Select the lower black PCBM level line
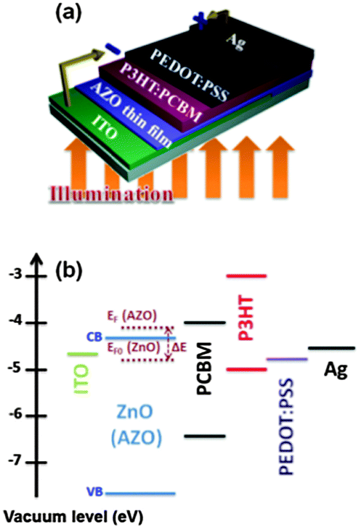click(x=204, y=436)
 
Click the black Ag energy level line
click(x=331, y=349)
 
